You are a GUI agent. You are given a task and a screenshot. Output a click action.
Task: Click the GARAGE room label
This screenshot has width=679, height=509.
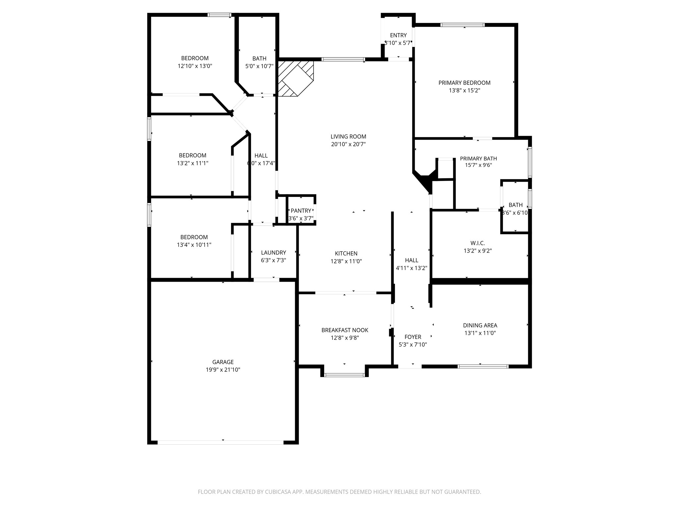coord(223,362)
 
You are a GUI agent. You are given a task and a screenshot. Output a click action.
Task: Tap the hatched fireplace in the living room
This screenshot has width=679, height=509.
coord(295,78)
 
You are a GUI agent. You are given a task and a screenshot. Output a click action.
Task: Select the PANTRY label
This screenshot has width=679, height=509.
coord(301,210)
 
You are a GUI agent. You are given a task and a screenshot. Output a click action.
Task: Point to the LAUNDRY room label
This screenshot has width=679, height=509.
coord(273,253)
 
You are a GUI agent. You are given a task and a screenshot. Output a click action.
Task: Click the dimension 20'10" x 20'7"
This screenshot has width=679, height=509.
coord(348,144)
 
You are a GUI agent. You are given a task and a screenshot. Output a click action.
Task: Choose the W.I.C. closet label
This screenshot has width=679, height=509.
coord(477,243)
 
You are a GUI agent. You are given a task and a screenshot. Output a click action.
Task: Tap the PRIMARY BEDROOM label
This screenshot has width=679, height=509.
coord(464,83)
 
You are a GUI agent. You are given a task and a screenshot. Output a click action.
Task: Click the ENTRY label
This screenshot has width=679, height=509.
coord(398,35)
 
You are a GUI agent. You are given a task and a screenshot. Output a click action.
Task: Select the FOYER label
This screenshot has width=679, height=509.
coord(413,337)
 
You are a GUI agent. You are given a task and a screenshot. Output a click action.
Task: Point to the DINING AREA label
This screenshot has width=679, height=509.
coord(480,325)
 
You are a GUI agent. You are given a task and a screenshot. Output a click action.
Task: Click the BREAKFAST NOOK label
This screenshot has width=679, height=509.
coord(345,330)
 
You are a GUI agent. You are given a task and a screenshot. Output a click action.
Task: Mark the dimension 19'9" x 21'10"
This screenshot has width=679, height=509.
coord(223,370)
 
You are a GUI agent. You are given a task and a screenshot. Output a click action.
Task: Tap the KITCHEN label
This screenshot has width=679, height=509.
coord(346,254)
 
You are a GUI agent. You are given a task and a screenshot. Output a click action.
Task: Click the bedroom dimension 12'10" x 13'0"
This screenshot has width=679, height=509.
coord(195,66)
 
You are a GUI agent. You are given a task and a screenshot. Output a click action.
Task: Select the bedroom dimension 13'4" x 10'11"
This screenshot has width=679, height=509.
coord(194,245)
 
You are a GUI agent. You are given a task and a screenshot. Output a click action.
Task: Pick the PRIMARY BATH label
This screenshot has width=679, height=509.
coord(478,158)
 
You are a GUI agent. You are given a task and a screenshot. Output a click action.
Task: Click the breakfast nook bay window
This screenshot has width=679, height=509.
coord(344,375)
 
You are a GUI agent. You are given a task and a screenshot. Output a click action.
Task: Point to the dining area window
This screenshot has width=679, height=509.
coord(483,366)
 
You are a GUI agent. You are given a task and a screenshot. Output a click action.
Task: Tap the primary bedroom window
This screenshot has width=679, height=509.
coord(463,25)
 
